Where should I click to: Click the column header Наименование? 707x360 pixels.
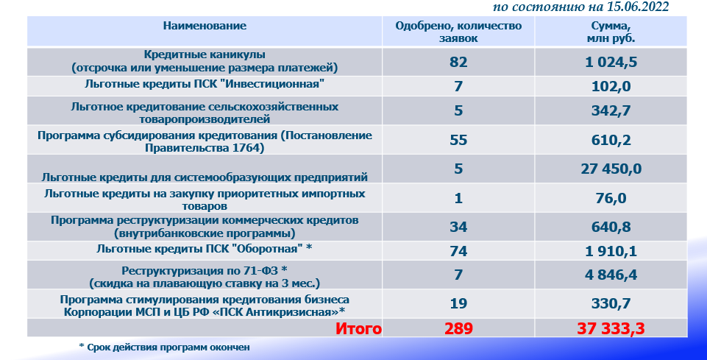point(205,26)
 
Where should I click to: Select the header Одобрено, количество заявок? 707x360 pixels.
point(458,32)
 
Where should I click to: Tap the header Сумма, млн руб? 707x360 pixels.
point(611,32)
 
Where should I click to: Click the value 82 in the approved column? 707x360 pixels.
point(458,62)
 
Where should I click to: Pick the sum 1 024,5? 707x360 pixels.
point(611,62)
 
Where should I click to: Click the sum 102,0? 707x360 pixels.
point(611,86)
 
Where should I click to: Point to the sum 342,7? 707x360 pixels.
point(611,110)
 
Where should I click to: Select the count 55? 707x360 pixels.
point(458,140)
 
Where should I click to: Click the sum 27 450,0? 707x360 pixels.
point(611,169)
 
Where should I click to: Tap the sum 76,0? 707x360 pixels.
point(611,198)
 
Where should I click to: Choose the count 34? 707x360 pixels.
point(458,227)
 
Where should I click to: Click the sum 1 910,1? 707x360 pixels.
point(611,251)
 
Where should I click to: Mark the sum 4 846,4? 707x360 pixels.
point(611,275)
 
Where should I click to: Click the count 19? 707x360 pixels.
point(458,303)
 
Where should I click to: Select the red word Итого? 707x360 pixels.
point(358,328)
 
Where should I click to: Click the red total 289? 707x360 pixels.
point(458,328)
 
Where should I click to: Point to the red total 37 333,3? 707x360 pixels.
point(611,328)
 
